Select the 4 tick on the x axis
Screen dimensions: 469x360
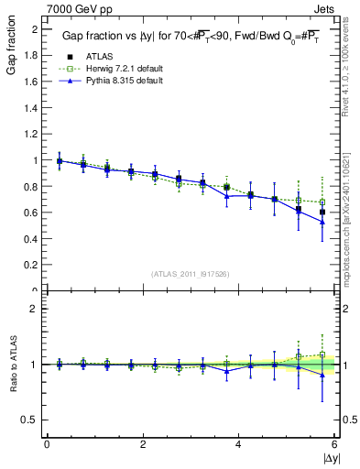(x=238, y=444)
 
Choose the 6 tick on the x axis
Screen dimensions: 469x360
(x=333, y=444)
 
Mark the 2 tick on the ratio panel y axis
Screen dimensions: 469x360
(x=34, y=309)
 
